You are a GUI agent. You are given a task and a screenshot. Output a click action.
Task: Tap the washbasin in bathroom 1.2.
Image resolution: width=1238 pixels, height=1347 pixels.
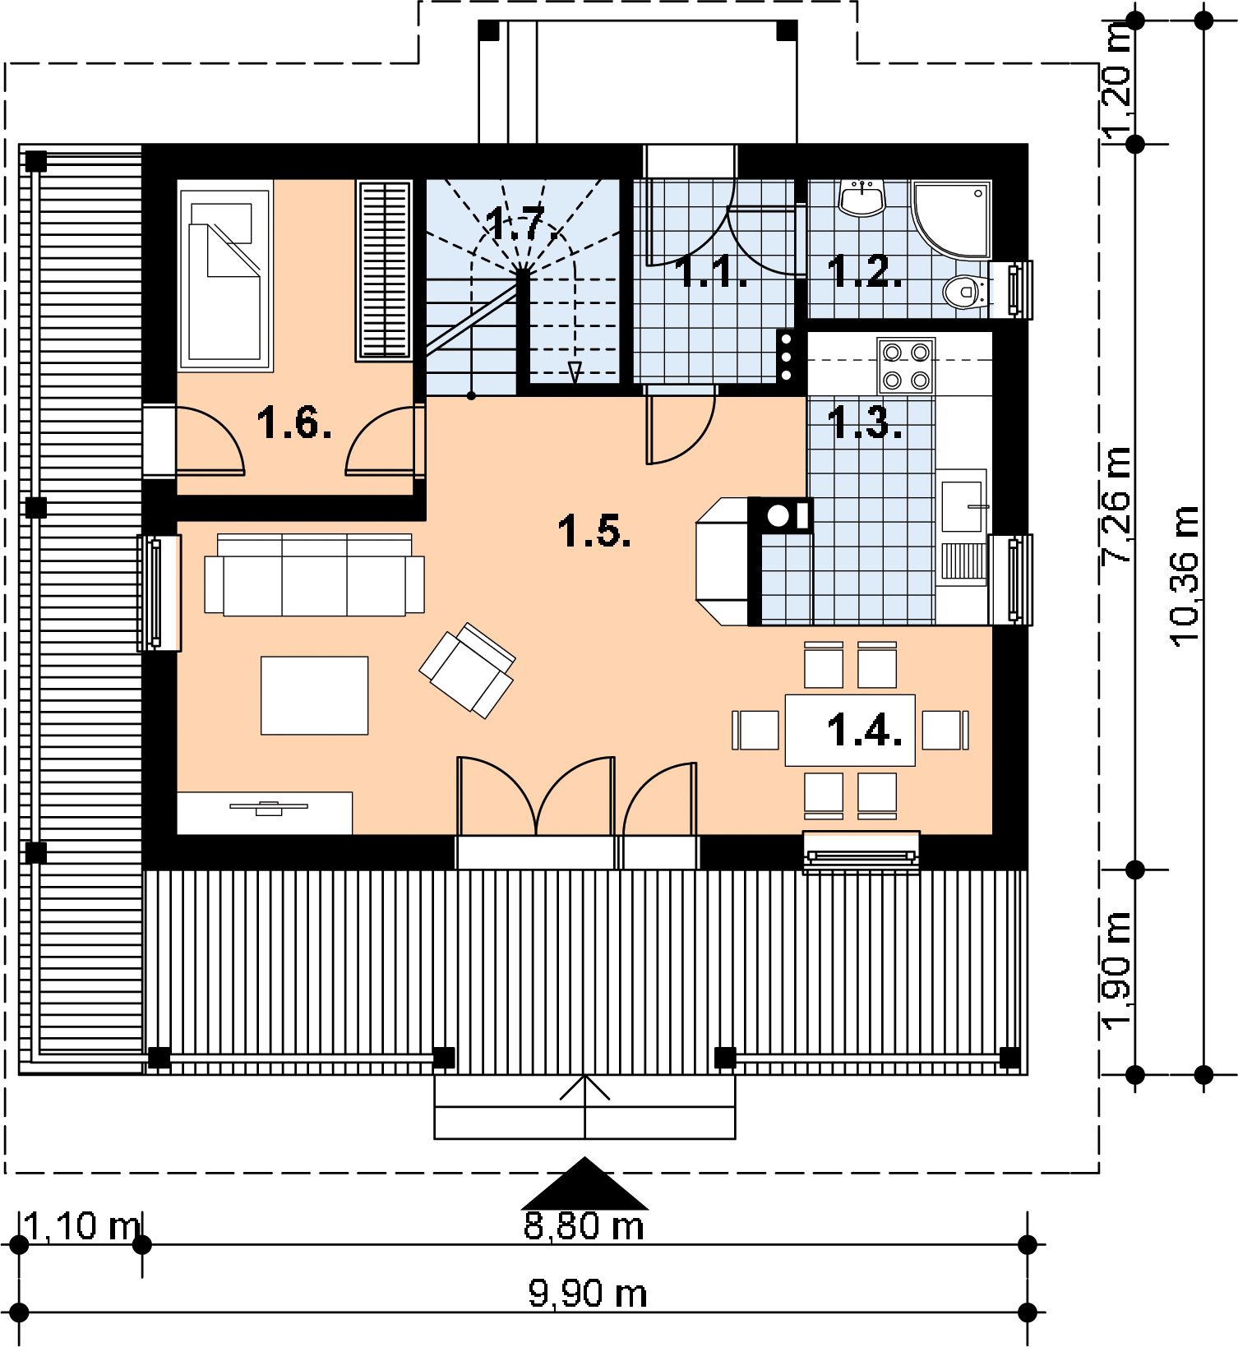click(x=862, y=199)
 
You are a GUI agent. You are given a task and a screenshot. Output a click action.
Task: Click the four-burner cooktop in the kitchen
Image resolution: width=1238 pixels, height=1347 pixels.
click(x=905, y=366)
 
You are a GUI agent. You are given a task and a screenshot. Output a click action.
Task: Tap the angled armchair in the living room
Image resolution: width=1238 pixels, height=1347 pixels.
click(x=467, y=669)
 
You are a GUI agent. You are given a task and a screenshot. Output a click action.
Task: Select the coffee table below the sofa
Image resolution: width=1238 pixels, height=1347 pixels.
click(x=314, y=694)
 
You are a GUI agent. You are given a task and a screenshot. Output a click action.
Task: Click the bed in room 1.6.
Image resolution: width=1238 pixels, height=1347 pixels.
click(x=225, y=275)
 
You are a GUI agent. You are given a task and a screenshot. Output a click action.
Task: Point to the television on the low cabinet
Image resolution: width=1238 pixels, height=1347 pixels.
click(x=269, y=807)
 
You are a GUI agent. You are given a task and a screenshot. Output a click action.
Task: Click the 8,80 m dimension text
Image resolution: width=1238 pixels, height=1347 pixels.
click(x=584, y=1225)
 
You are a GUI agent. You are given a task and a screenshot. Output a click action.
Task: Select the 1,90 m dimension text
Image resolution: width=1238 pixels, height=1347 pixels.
click(x=1118, y=971)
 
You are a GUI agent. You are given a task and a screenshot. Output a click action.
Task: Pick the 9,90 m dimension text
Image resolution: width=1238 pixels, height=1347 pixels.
click(x=587, y=1294)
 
